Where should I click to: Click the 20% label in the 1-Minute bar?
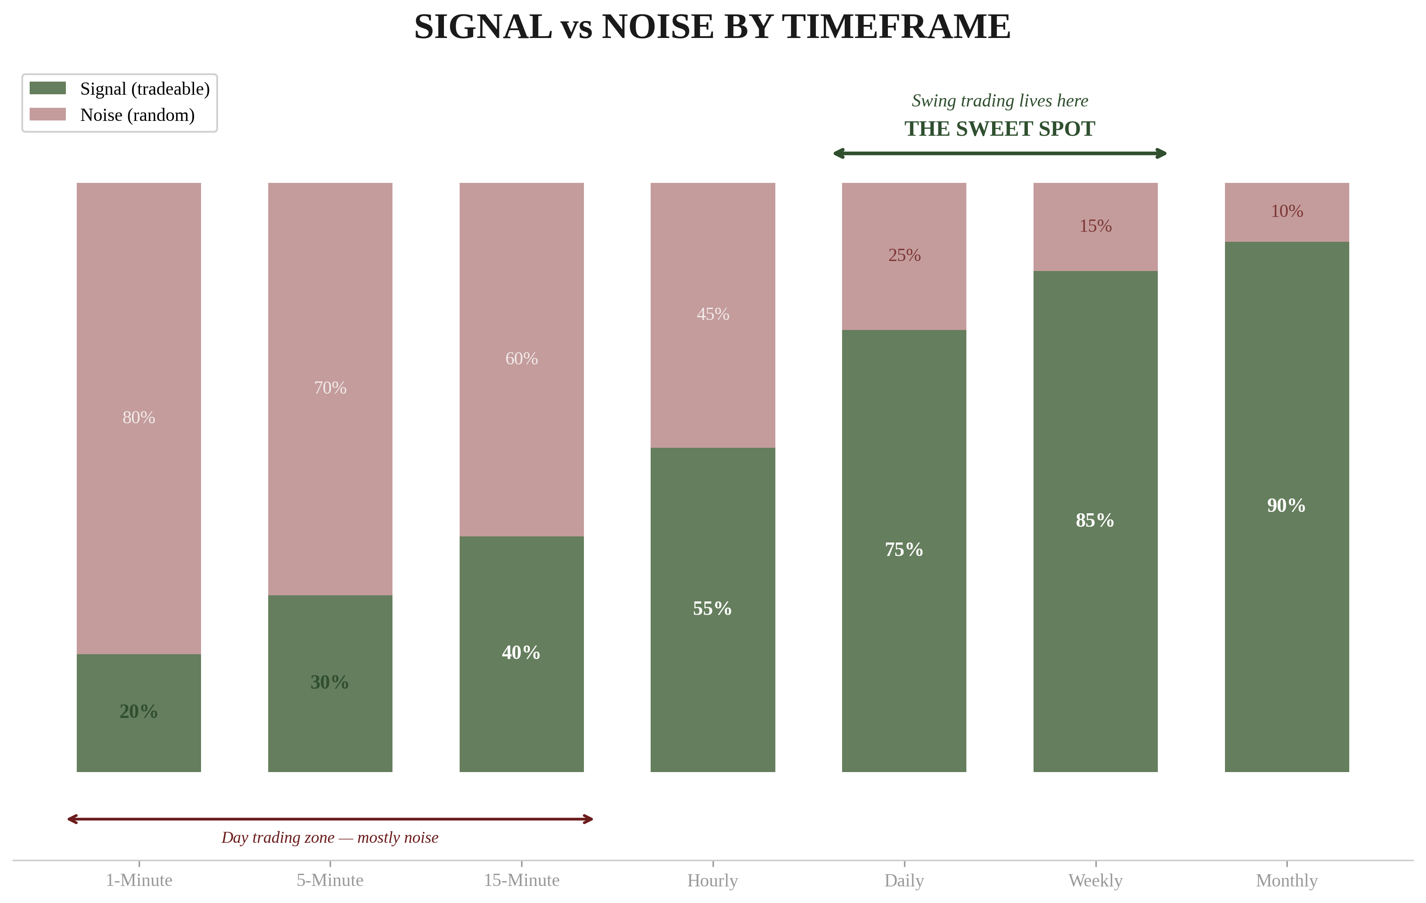[139, 711]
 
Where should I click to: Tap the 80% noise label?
[139, 417]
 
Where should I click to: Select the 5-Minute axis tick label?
[330, 880]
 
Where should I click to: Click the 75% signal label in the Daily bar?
[904, 549]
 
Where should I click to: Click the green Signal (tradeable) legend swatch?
[48, 88]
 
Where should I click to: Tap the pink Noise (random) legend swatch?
[48, 114]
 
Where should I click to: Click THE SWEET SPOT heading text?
[1000, 129]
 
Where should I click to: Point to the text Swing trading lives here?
[1000, 101]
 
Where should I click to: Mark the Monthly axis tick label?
[1286, 880]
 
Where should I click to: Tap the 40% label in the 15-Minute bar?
[521, 652]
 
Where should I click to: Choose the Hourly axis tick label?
[713, 880]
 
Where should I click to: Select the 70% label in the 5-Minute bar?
[330, 388]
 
